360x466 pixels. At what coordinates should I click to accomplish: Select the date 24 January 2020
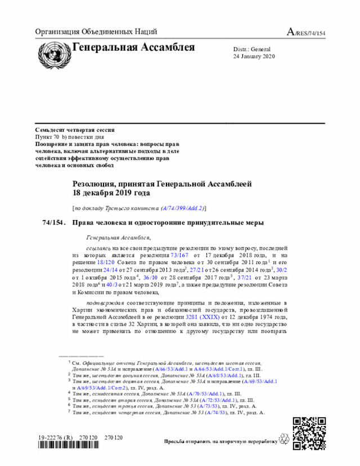(254, 57)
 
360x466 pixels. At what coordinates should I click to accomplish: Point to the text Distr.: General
(252, 50)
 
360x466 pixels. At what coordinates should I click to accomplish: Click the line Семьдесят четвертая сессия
(66, 129)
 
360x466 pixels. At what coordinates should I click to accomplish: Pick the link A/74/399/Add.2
(183, 208)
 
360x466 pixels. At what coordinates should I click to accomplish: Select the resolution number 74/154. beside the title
(54, 223)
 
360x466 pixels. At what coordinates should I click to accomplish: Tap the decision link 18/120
(106, 262)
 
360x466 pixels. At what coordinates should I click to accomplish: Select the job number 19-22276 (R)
(56, 437)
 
